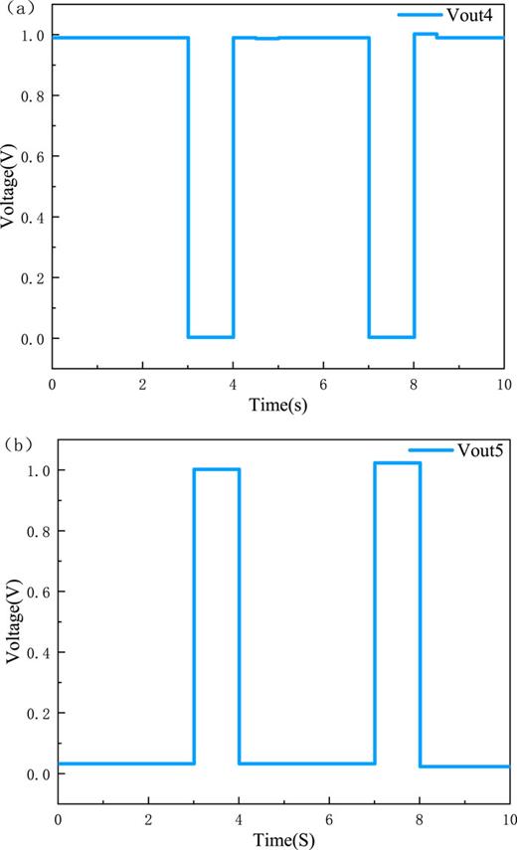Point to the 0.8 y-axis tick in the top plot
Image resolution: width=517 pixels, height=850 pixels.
tap(34, 95)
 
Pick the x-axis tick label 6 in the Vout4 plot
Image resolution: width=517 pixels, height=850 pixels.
tap(323, 383)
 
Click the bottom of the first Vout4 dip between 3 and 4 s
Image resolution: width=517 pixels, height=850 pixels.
tap(211, 337)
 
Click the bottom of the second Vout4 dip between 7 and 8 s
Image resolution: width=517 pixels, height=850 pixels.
tap(392, 337)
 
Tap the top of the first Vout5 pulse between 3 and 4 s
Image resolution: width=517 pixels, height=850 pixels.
tap(217, 469)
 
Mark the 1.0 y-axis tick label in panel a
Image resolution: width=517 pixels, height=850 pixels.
tap(34, 35)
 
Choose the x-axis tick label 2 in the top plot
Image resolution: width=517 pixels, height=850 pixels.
tap(142, 383)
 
